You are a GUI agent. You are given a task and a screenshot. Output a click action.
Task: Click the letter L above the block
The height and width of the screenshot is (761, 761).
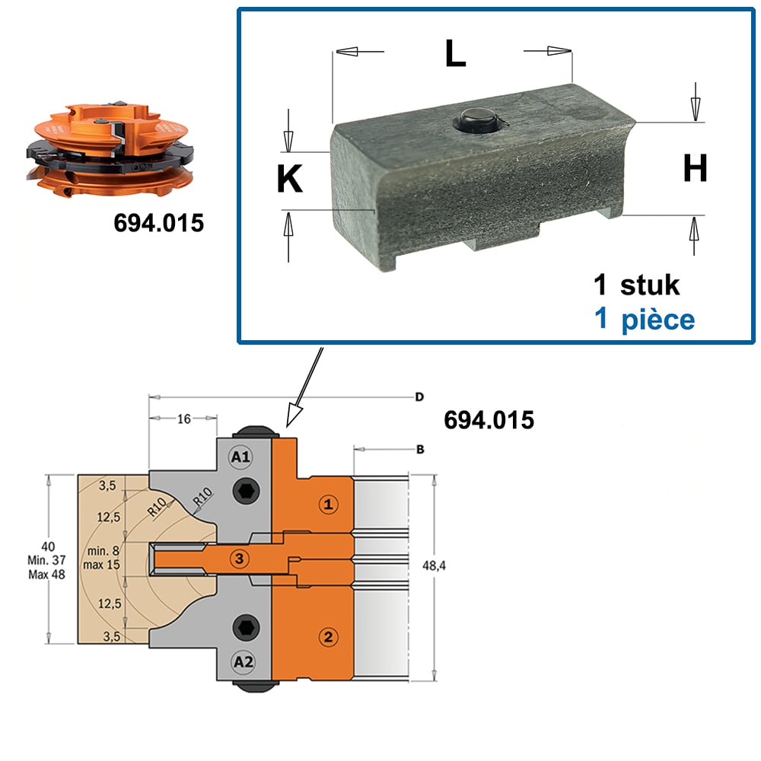[455, 53]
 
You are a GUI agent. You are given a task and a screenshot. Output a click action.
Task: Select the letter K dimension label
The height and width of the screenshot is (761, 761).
[290, 179]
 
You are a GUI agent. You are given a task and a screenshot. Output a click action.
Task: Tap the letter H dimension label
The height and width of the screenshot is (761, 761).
[695, 168]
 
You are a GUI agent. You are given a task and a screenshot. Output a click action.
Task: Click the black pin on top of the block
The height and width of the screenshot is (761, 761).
[476, 120]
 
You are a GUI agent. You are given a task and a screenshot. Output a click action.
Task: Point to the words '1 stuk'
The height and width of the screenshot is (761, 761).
[636, 285]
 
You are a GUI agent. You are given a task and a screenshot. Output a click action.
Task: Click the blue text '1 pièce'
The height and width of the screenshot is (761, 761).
[645, 320]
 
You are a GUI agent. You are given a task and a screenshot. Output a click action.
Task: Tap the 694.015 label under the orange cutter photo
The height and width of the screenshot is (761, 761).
[159, 223]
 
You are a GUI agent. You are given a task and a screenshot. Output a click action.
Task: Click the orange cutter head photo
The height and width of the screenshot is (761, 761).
[110, 149]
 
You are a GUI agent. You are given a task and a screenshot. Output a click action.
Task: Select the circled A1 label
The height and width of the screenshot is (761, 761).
[240, 457]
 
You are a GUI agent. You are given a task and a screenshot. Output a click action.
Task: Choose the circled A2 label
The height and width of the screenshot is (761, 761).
[244, 662]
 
